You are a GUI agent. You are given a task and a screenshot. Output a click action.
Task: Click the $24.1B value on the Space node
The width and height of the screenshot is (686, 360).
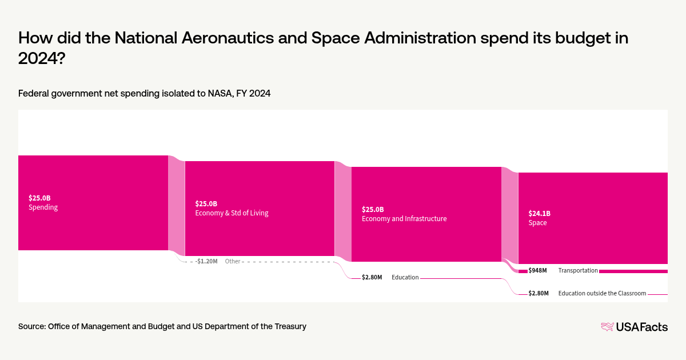tap(539, 214)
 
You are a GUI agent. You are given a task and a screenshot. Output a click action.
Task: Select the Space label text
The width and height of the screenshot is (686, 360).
tap(537, 223)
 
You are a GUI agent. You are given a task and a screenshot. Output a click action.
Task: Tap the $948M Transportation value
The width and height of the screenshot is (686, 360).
tap(537, 270)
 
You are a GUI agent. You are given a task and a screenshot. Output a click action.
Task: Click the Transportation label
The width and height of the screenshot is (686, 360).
tap(578, 270)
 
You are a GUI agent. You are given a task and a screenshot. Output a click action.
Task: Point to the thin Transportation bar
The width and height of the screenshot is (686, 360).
tap(633, 271)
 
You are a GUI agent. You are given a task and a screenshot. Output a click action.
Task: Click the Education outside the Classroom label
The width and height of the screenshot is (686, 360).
tap(602, 293)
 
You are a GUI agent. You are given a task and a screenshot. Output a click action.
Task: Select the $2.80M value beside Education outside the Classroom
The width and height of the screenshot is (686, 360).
tap(538, 293)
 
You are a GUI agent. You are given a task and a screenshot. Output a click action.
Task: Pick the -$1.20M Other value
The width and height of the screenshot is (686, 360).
tap(206, 261)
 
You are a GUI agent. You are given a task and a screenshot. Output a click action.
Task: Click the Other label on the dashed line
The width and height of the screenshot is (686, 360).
tap(233, 261)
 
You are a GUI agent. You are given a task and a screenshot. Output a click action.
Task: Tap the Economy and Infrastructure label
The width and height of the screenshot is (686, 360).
tap(404, 218)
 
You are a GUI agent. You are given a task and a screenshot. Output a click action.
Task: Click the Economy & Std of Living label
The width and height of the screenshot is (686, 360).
tap(232, 213)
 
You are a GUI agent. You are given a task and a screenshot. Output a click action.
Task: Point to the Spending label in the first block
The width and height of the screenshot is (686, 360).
tap(43, 207)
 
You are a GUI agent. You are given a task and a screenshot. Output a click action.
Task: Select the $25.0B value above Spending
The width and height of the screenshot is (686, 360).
tap(39, 198)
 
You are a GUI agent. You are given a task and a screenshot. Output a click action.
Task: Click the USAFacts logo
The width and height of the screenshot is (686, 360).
tap(634, 327)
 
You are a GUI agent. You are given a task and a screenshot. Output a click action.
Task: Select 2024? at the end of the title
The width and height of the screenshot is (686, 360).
tap(41, 58)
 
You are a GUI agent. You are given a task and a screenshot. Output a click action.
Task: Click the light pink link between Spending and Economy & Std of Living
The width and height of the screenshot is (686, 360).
tap(177, 206)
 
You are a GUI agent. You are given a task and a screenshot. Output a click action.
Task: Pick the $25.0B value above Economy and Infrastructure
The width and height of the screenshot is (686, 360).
tap(373, 209)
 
